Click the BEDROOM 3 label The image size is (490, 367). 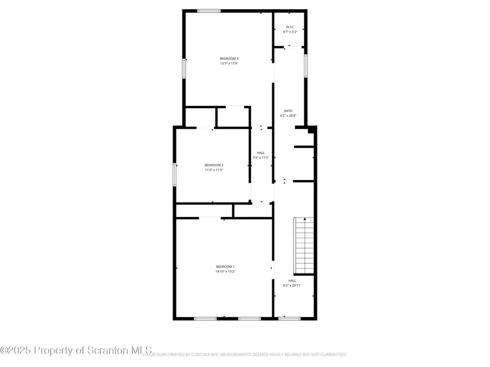tap(229, 58)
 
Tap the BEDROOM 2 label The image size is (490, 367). tap(214, 165)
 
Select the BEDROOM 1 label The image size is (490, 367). tap(225, 266)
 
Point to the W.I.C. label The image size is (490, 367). tap(289, 27)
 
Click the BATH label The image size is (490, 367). tap(288, 110)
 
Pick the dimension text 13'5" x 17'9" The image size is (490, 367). tap(229, 64)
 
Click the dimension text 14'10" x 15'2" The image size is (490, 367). tap(225, 271)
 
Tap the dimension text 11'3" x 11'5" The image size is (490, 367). tap(214, 170)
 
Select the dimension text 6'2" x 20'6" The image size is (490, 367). tap(288, 115)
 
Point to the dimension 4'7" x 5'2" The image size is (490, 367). tap(289, 32)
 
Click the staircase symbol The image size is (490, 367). tap(304, 246)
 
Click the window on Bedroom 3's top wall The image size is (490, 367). tap(209, 10)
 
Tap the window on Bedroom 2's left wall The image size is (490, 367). tap(175, 174)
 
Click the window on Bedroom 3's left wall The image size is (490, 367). tap(184, 69)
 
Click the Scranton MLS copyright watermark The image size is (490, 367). tap(76, 350)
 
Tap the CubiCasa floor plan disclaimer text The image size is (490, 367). tap(245, 354)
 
